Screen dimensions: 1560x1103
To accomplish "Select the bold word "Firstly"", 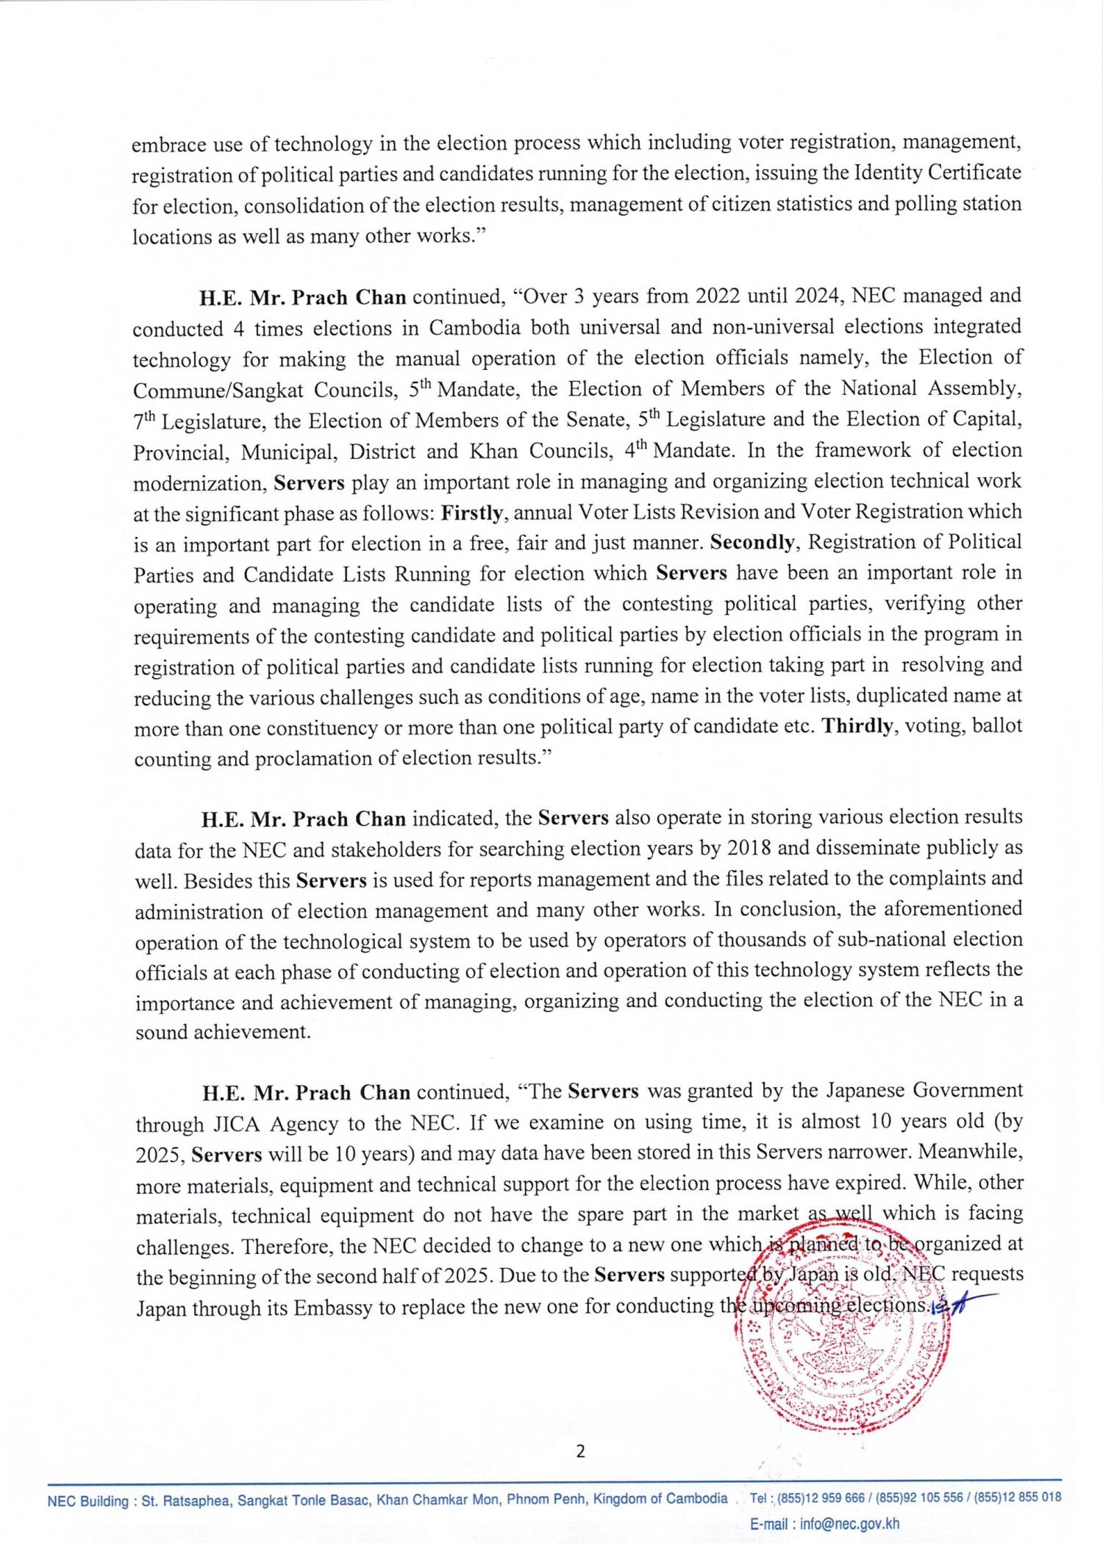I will click(x=471, y=513).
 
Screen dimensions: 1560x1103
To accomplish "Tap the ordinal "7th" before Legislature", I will click(x=144, y=421).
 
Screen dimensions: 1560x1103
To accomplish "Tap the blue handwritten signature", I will click(x=956, y=1306).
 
